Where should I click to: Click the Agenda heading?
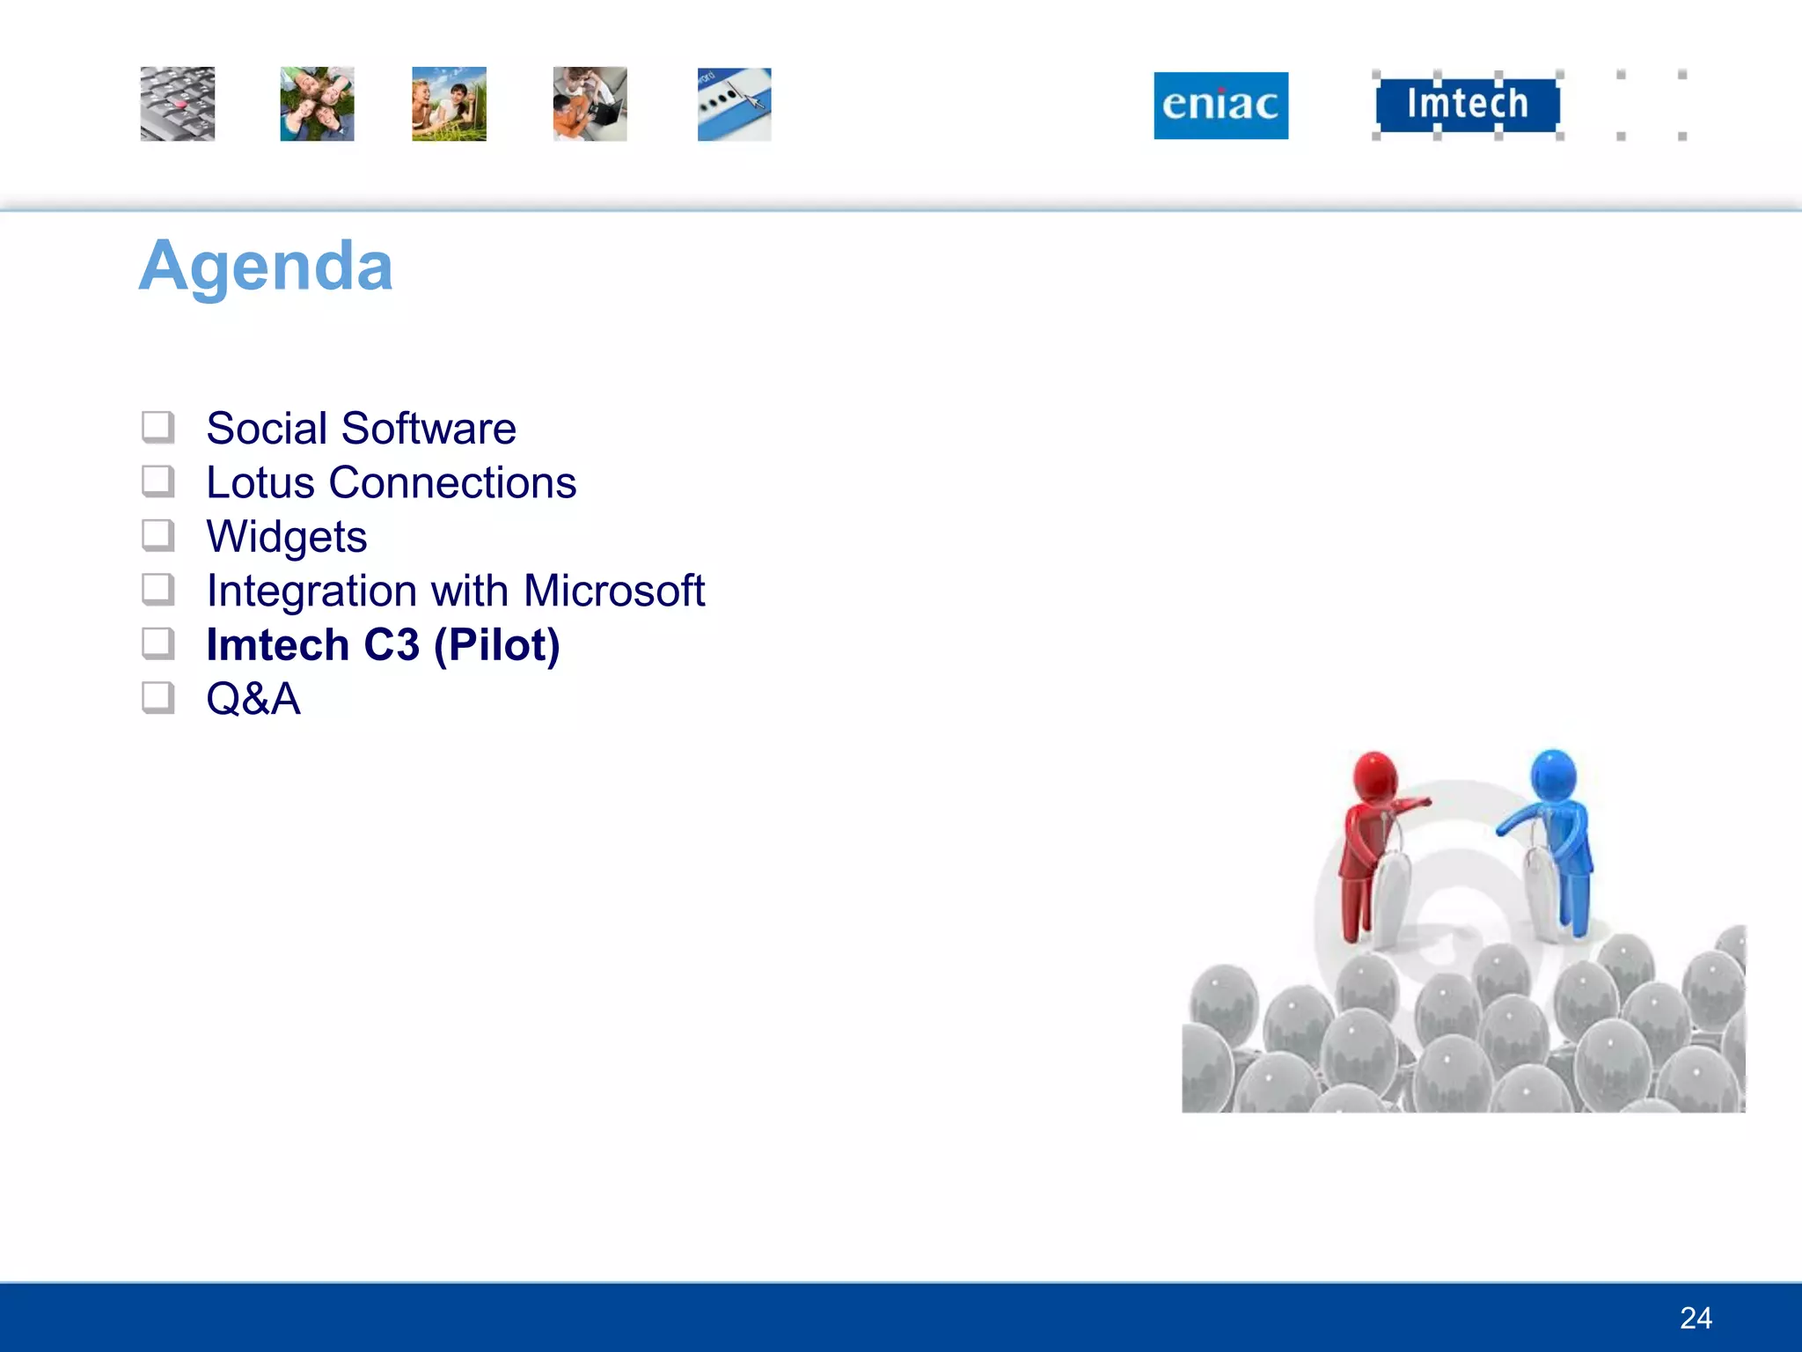pyautogui.click(x=266, y=266)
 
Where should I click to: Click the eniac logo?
pyautogui.click(x=1220, y=106)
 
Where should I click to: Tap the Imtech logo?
pyautogui.click(x=1467, y=104)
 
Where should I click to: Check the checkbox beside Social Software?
pyautogui.click(x=158, y=428)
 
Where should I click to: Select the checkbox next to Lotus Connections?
pyautogui.click(x=158, y=482)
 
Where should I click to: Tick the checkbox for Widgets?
pyautogui.click(x=158, y=536)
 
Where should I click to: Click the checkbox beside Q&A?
pyautogui.click(x=158, y=699)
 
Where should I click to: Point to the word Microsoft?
pyautogui.click(x=614, y=591)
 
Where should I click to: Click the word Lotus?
pyautogui.click(x=260, y=483)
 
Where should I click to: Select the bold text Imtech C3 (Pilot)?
pyautogui.click(x=383, y=645)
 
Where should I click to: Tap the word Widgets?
pyautogui.click(x=287, y=537)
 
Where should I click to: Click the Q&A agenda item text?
pyautogui.click(x=253, y=700)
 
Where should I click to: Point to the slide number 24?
pyautogui.click(x=1696, y=1318)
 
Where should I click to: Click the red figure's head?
pyautogui.click(x=1375, y=775)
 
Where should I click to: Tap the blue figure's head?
pyautogui.click(x=1553, y=774)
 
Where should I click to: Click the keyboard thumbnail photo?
pyautogui.click(x=178, y=104)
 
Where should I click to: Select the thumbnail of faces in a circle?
pyautogui.click(x=317, y=104)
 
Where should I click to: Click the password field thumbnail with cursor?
pyautogui.click(x=734, y=104)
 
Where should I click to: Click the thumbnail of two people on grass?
pyautogui.click(x=449, y=104)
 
